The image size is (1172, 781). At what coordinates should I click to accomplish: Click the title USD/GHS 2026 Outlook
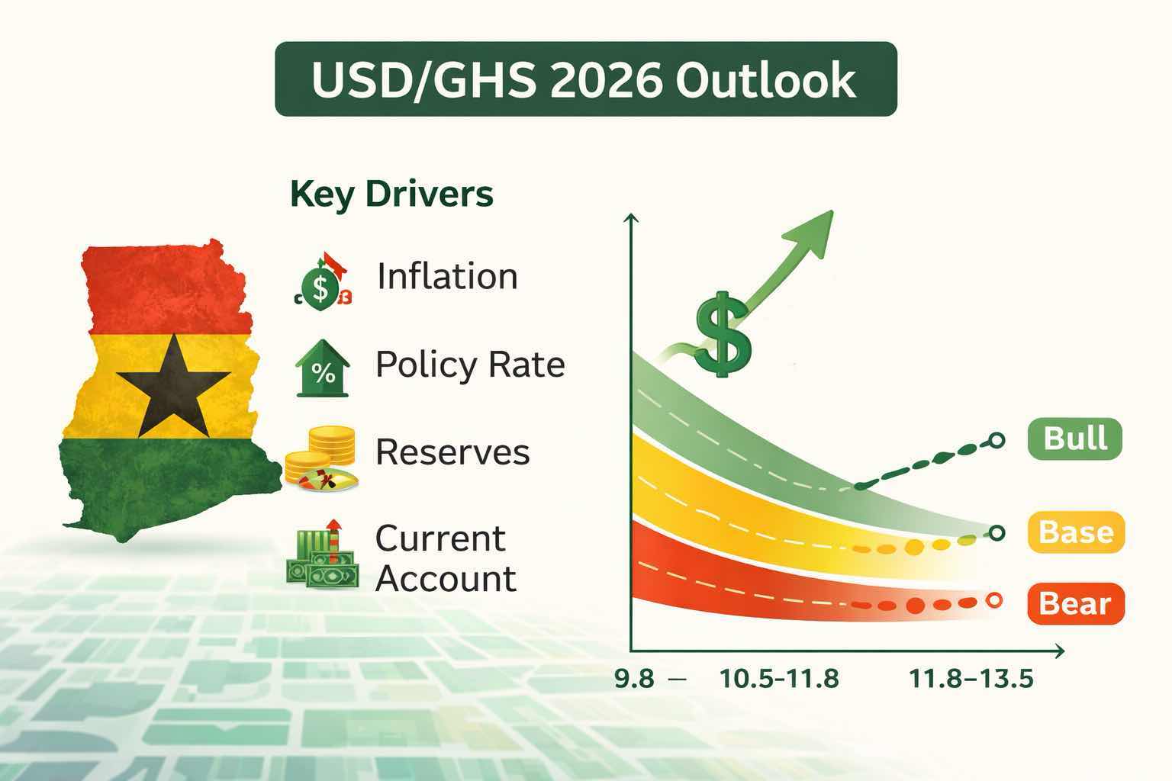(x=584, y=79)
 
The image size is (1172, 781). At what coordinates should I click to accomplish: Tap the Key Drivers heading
(x=391, y=194)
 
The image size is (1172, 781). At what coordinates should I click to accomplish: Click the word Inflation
(x=447, y=276)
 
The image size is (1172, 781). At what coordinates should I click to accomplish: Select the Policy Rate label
(x=470, y=365)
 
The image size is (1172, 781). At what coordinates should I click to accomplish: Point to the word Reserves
(x=452, y=452)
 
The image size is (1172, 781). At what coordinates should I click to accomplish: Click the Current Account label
(x=446, y=558)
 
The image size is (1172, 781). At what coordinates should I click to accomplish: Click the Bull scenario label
(x=1074, y=439)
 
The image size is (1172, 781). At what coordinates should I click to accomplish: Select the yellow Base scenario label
(x=1075, y=532)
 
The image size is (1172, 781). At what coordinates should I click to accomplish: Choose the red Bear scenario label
(x=1075, y=603)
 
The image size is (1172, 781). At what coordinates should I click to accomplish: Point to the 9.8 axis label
(x=634, y=678)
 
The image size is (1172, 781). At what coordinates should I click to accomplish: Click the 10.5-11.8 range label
(x=779, y=678)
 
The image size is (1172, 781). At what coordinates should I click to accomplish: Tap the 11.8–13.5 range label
(x=971, y=678)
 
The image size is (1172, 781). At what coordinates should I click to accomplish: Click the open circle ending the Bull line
(x=996, y=440)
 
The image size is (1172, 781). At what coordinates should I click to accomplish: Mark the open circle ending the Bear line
(x=993, y=600)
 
